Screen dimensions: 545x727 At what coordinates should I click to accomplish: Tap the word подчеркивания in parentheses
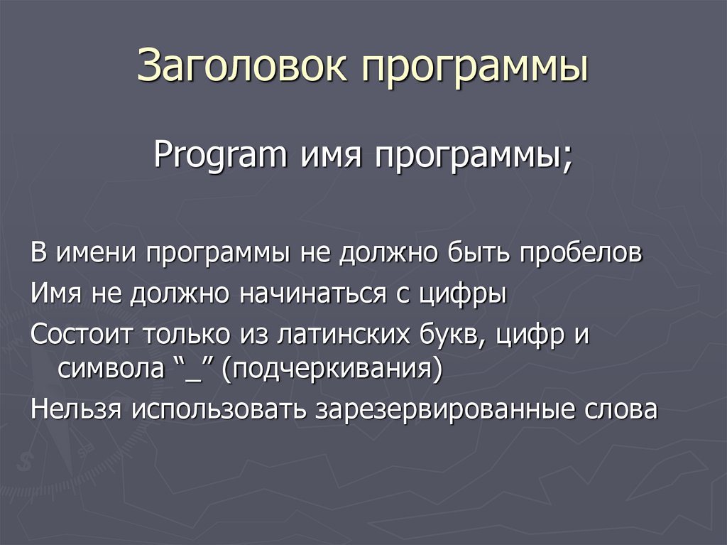[331, 370]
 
